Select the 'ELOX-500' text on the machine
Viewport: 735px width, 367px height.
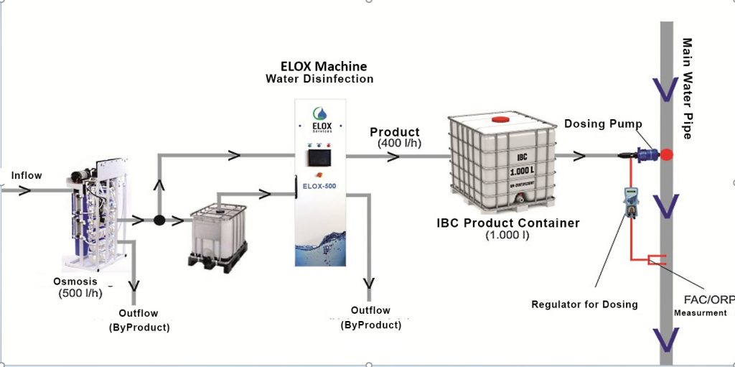[x=321, y=186]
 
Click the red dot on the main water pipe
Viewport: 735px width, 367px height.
[x=667, y=154]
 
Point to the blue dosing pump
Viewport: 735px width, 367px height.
[x=647, y=153]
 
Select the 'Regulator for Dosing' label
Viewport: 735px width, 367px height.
[x=584, y=304]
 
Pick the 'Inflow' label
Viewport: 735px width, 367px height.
[x=27, y=175]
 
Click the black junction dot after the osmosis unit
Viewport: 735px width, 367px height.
[x=159, y=219]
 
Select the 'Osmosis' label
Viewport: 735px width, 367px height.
[x=75, y=281]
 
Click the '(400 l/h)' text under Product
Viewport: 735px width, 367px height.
[x=401, y=144]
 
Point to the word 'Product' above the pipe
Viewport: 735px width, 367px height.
[x=394, y=132]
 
